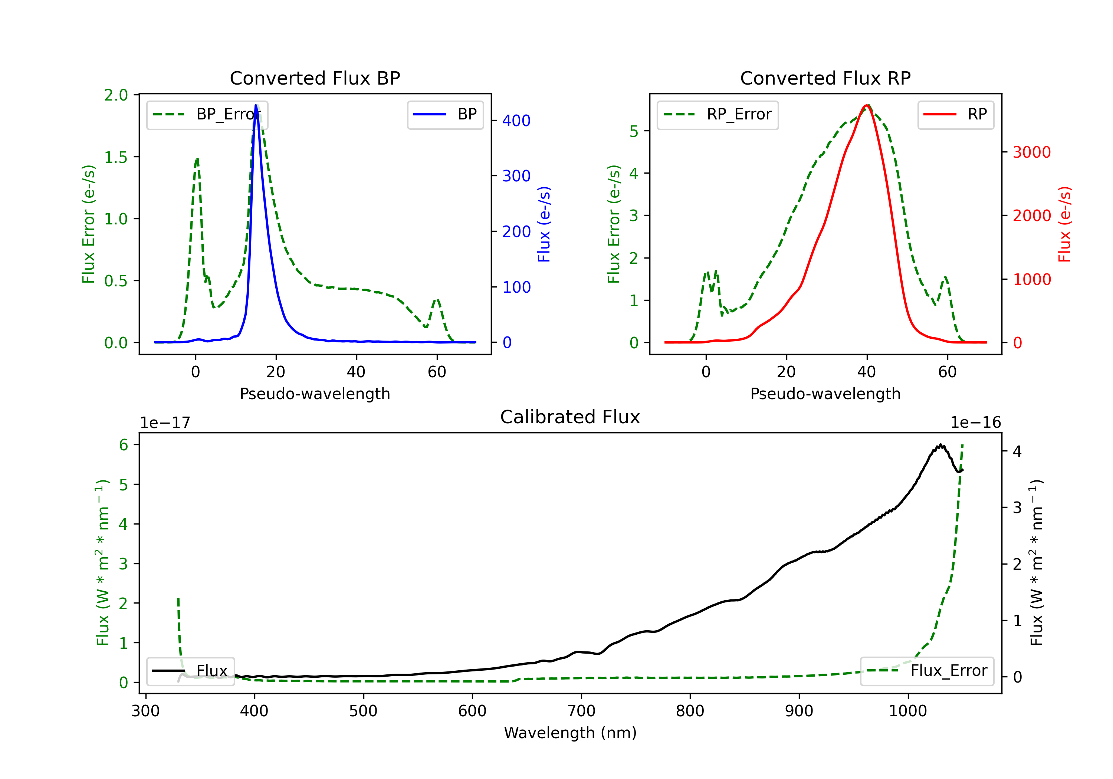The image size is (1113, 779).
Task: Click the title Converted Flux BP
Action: (x=315, y=78)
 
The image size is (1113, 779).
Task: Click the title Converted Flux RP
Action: (x=825, y=78)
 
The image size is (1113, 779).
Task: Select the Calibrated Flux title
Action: (x=570, y=417)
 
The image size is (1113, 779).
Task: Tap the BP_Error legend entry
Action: (x=207, y=114)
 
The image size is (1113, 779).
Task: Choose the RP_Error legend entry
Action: (x=718, y=114)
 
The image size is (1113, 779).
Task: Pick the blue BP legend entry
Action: (x=445, y=114)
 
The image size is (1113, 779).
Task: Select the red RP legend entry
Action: (x=955, y=114)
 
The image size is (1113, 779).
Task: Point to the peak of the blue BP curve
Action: (x=256, y=105)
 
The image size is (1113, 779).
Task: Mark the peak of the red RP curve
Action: (x=867, y=105)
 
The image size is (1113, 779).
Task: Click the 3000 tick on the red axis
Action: (x=1031, y=152)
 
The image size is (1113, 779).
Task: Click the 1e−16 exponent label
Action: (x=975, y=423)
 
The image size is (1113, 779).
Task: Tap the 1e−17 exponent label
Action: (x=165, y=423)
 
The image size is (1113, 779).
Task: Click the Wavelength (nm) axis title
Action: (x=570, y=733)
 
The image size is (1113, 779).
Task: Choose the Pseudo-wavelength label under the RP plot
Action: (x=825, y=394)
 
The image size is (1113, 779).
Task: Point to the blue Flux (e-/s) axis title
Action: (x=544, y=224)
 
